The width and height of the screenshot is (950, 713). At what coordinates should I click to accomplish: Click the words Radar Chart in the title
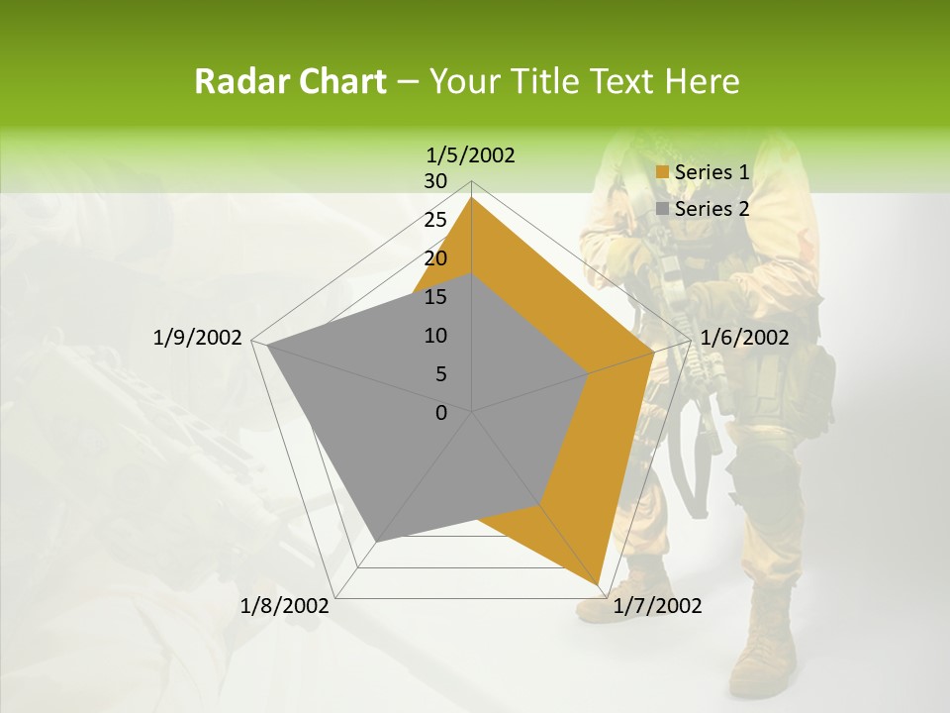point(290,81)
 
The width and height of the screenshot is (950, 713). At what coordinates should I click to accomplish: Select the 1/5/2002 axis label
point(471,154)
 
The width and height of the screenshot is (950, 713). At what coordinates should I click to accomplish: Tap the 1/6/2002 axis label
point(744,338)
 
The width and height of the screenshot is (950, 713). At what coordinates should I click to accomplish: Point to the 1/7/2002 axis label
point(657,606)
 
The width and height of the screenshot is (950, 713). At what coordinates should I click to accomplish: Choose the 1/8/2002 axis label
point(285,606)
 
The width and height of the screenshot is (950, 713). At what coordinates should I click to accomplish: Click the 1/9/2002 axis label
point(198,338)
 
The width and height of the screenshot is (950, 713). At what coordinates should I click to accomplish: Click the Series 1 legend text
point(712,172)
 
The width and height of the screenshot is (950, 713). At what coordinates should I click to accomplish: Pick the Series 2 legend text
point(712,209)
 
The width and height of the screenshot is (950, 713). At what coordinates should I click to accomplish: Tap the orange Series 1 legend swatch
point(663,173)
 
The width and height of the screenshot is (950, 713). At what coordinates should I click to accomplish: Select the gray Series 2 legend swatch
point(663,209)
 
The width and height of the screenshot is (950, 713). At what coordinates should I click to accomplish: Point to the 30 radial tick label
point(435,181)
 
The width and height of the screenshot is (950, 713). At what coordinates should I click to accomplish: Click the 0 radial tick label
point(441,412)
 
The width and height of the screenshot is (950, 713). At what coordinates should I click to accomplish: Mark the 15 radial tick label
point(435,297)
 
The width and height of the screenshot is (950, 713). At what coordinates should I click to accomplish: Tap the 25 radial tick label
point(435,220)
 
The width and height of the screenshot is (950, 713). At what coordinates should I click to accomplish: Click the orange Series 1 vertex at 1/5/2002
point(472,197)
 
